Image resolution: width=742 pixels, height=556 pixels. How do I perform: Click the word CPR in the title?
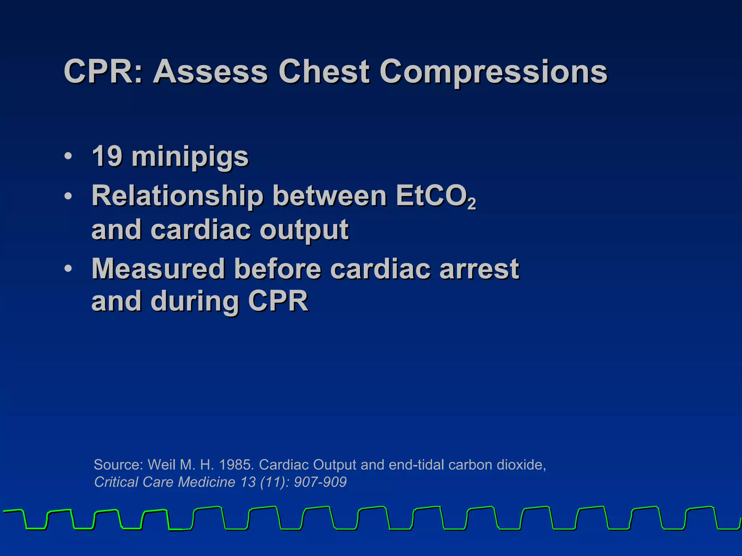[x=100, y=72]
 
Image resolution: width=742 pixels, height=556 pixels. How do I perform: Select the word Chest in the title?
[x=324, y=72]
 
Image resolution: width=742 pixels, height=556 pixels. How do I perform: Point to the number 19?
[x=107, y=156]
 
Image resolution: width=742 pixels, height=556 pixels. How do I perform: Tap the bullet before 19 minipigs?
[x=68, y=157]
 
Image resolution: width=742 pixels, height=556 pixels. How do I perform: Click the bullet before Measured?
[x=68, y=269]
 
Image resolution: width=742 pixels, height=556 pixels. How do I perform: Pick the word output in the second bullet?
[x=304, y=230]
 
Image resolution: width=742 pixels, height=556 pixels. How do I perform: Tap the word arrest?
[x=479, y=269]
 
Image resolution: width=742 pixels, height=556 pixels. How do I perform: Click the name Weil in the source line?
[x=162, y=465]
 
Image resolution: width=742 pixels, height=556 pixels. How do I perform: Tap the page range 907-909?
[x=320, y=482]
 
